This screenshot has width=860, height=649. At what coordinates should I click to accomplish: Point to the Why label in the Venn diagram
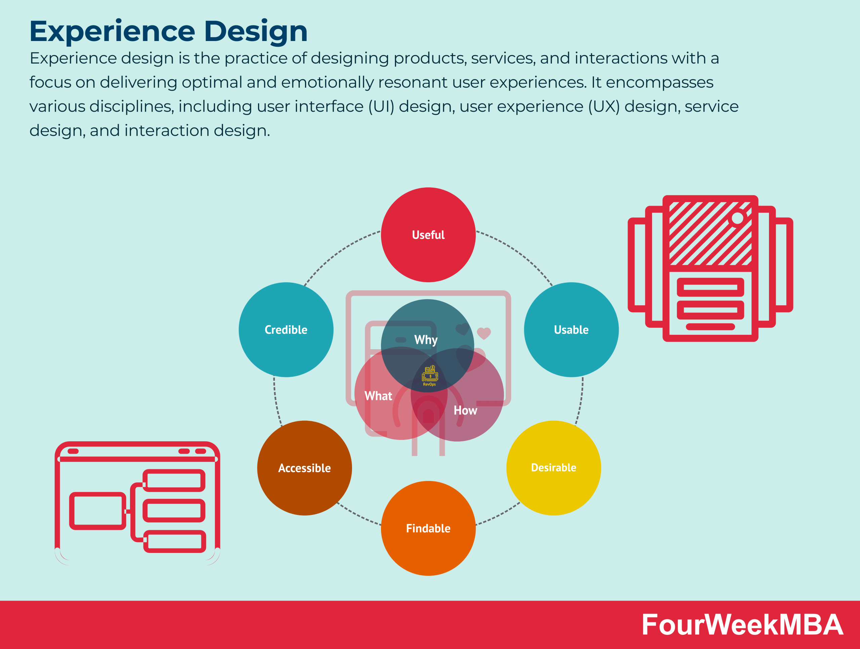pos(426,340)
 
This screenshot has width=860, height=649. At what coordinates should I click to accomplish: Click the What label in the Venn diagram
pos(378,396)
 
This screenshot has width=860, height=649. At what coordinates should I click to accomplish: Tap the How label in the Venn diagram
pos(465,410)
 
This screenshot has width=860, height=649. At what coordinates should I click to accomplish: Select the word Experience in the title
pos(112,31)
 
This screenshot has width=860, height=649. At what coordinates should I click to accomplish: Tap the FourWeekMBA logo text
pos(742,625)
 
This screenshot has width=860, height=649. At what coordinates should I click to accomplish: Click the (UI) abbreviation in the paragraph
pos(381,107)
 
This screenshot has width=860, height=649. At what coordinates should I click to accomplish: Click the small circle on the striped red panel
pos(737,218)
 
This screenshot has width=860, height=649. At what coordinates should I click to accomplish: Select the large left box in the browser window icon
pos(97,511)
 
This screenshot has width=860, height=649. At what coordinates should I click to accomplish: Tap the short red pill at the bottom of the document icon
pos(710,327)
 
